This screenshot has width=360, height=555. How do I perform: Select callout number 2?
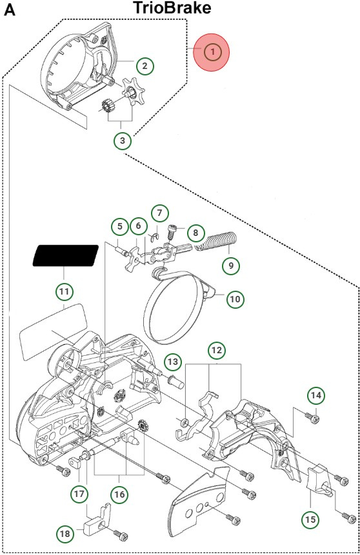point(145,64)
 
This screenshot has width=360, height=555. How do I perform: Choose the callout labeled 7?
point(159,213)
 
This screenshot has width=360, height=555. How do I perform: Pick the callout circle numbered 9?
point(230,264)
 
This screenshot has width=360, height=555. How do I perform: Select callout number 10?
point(234,298)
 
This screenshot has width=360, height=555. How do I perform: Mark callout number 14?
point(315,395)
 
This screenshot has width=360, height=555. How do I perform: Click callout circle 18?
point(65,534)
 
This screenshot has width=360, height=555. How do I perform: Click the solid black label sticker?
point(65,256)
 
